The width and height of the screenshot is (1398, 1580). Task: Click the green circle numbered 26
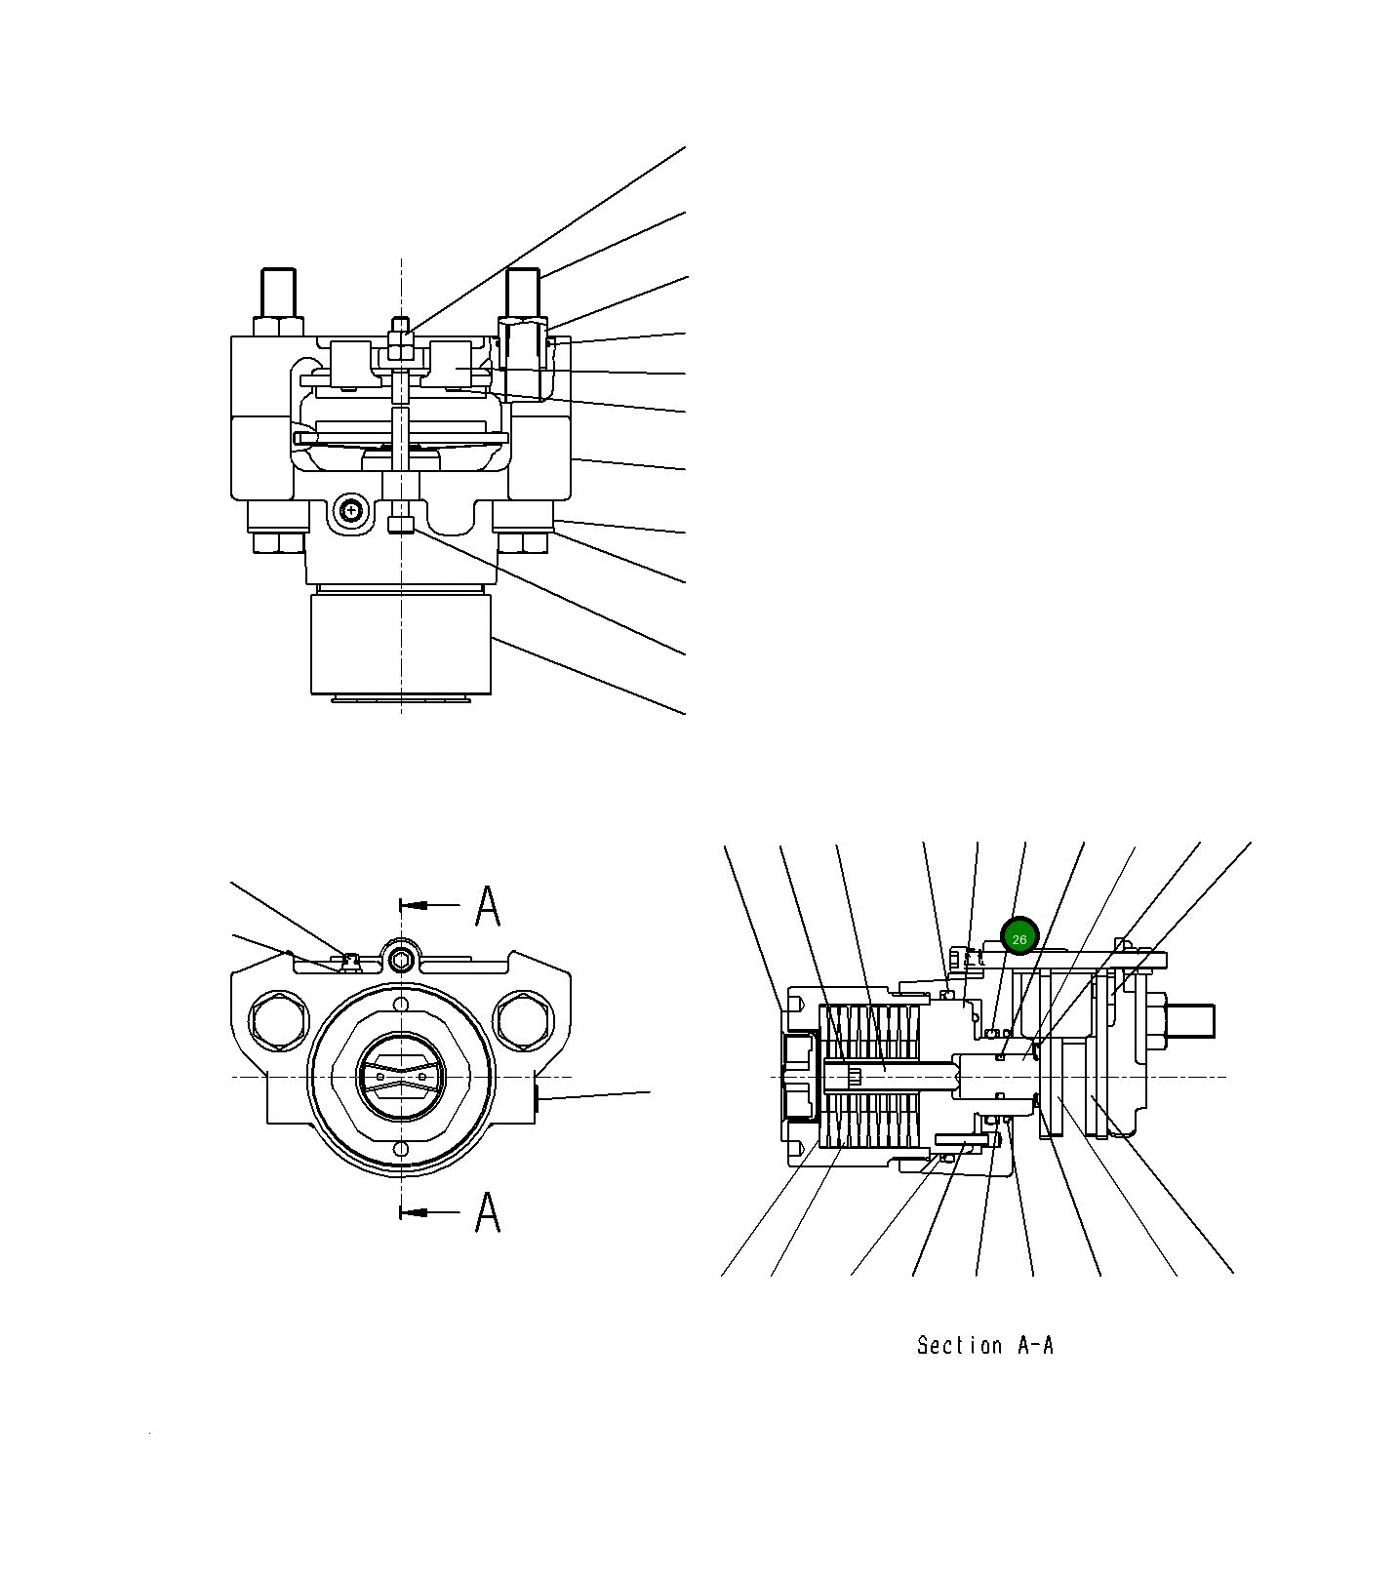coord(1019,938)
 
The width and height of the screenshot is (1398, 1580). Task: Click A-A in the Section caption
coord(1035,1346)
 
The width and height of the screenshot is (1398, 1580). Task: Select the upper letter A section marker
coord(488,906)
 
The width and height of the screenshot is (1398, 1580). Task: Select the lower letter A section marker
coord(488,1212)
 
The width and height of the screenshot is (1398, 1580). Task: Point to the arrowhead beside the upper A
coord(416,906)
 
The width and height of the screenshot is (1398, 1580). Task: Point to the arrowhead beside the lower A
coord(416,1212)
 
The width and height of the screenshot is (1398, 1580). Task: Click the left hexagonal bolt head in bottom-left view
coord(280,1020)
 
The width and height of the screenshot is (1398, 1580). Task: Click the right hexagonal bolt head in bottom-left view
coord(524,1020)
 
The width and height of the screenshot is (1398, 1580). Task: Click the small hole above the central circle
coord(400,1005)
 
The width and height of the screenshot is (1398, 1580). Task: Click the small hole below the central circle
coord(400,1150)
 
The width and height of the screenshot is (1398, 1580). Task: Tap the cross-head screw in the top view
coord(350,510)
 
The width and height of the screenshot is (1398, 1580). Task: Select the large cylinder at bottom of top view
coord(401,644)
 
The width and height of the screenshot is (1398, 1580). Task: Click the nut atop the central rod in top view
coord(401,340)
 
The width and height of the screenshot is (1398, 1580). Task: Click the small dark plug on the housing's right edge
coord(539,1099)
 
